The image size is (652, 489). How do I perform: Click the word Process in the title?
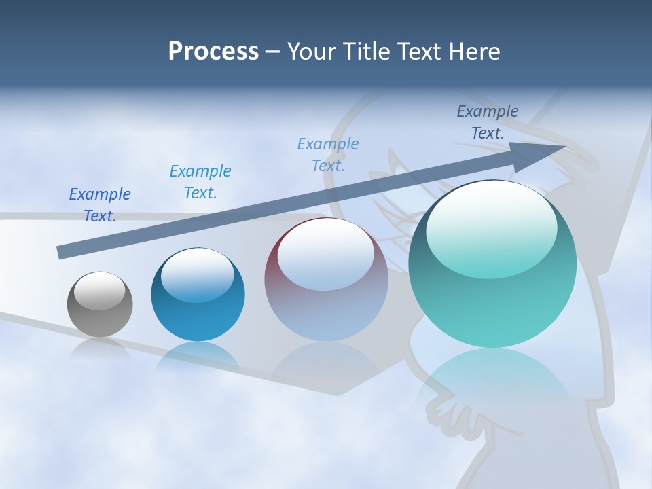click(x=213, y=52)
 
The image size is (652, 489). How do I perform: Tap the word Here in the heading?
click(x=474, y=52)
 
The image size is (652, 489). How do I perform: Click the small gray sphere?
click(x=100, y=304)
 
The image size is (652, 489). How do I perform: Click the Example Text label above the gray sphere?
click(x=100, y=204)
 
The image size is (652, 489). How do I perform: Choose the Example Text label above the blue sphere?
click(x=200, y=181)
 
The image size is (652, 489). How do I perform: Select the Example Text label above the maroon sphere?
click(x=328, y=154)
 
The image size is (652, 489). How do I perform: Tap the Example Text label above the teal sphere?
click(x=488, y=122)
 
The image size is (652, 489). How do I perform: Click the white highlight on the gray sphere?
click(x=100, y=291)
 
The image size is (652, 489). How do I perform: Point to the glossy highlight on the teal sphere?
click(x=492, y=229)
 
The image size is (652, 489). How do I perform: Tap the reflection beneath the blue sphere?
click(x=198, y=357)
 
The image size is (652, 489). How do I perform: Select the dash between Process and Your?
click(x=272, y=52)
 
